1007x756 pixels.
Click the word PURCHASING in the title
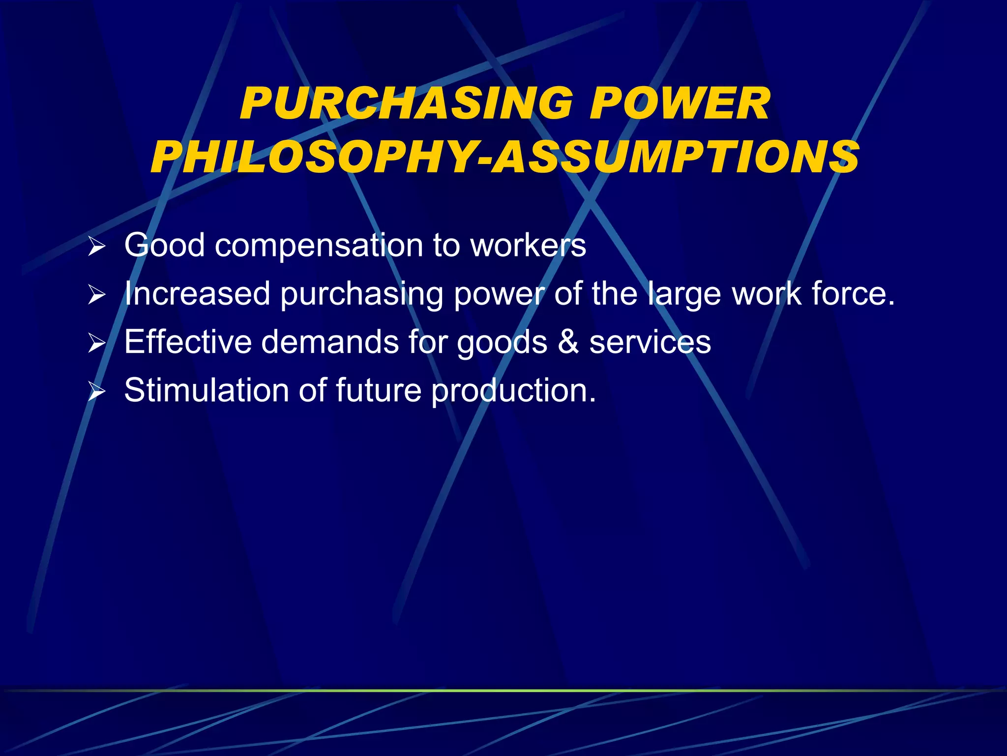click(406, 104)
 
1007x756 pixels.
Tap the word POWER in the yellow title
click(680, 104)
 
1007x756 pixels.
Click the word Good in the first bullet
click(164, 245)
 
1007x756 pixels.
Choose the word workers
click(529, 245)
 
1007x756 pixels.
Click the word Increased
click(197, 294)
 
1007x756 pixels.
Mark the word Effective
click(188, 342)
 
